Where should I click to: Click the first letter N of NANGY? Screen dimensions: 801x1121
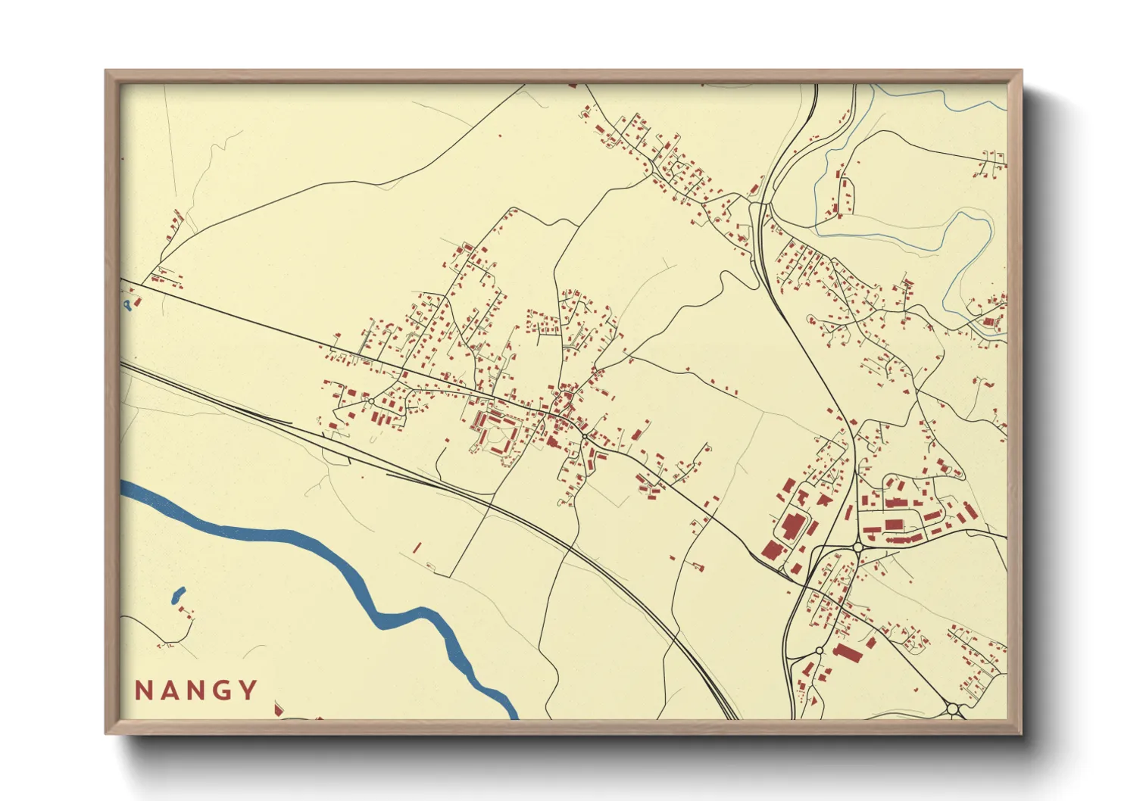(x=144, y=690)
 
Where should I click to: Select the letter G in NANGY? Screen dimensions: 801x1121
(x=221, y=690)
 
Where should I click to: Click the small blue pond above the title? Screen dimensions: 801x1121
(x=179, y=595)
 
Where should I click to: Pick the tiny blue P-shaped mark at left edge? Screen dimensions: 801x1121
(x=128, y=304)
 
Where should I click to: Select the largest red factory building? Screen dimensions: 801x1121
(x=792, y=525)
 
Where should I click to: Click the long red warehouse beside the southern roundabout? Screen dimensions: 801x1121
(x=848, y=653)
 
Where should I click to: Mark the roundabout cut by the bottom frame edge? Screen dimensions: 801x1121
(x=953, y=709)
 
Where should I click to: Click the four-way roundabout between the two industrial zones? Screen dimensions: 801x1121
(x=858, y=547)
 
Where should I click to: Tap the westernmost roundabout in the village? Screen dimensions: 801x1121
(x=370, y=401)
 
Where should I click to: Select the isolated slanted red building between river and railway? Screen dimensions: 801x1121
(x=417, y=547)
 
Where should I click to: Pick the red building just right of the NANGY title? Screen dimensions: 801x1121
(x=278, y=708)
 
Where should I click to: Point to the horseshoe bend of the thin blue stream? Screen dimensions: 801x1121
(x=973, y=220)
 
